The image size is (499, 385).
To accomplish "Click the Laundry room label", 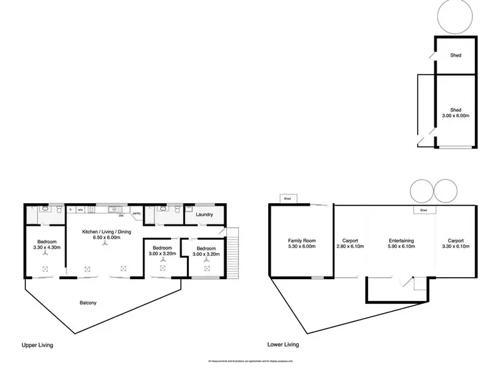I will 204,215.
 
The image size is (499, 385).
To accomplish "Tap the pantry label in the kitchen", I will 136,213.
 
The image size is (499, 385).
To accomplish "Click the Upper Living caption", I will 37,345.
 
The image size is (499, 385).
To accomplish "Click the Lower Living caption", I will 282,345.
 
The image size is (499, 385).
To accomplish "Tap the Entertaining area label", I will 401,240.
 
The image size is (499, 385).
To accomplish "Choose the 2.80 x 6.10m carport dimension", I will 350,246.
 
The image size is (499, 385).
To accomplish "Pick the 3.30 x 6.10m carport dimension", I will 456,246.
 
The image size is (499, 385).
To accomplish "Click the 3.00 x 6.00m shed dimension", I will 456,116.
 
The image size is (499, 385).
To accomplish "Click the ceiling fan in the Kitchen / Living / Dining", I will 104,244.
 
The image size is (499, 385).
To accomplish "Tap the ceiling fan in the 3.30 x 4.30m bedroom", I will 45,254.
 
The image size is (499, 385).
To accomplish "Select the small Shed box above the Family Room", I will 287,198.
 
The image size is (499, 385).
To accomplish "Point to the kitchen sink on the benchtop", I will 112,210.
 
